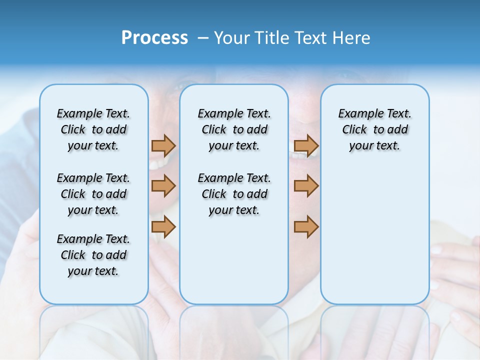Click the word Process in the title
[x=154, y=38]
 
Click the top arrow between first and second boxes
[x=163, y=145]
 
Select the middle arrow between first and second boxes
[x=163, y=186]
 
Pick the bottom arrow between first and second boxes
[x=163, y=226]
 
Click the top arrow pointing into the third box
[x=306, y=145]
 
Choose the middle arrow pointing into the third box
[x=306, y=186]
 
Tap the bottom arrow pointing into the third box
[x=306, y=226]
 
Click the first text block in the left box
[x=93, y=129]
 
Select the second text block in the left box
[x=93, y=194]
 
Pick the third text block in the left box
[x=93, y=255]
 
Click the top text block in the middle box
[x=234, y=129]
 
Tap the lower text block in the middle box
[x=234, y=194]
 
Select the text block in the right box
[x=374, y=129]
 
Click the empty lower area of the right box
[x=374, y=230]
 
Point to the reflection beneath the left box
[x=94, y=325]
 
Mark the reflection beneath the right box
[x=374, y=325]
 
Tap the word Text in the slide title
[x=310, y=38]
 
